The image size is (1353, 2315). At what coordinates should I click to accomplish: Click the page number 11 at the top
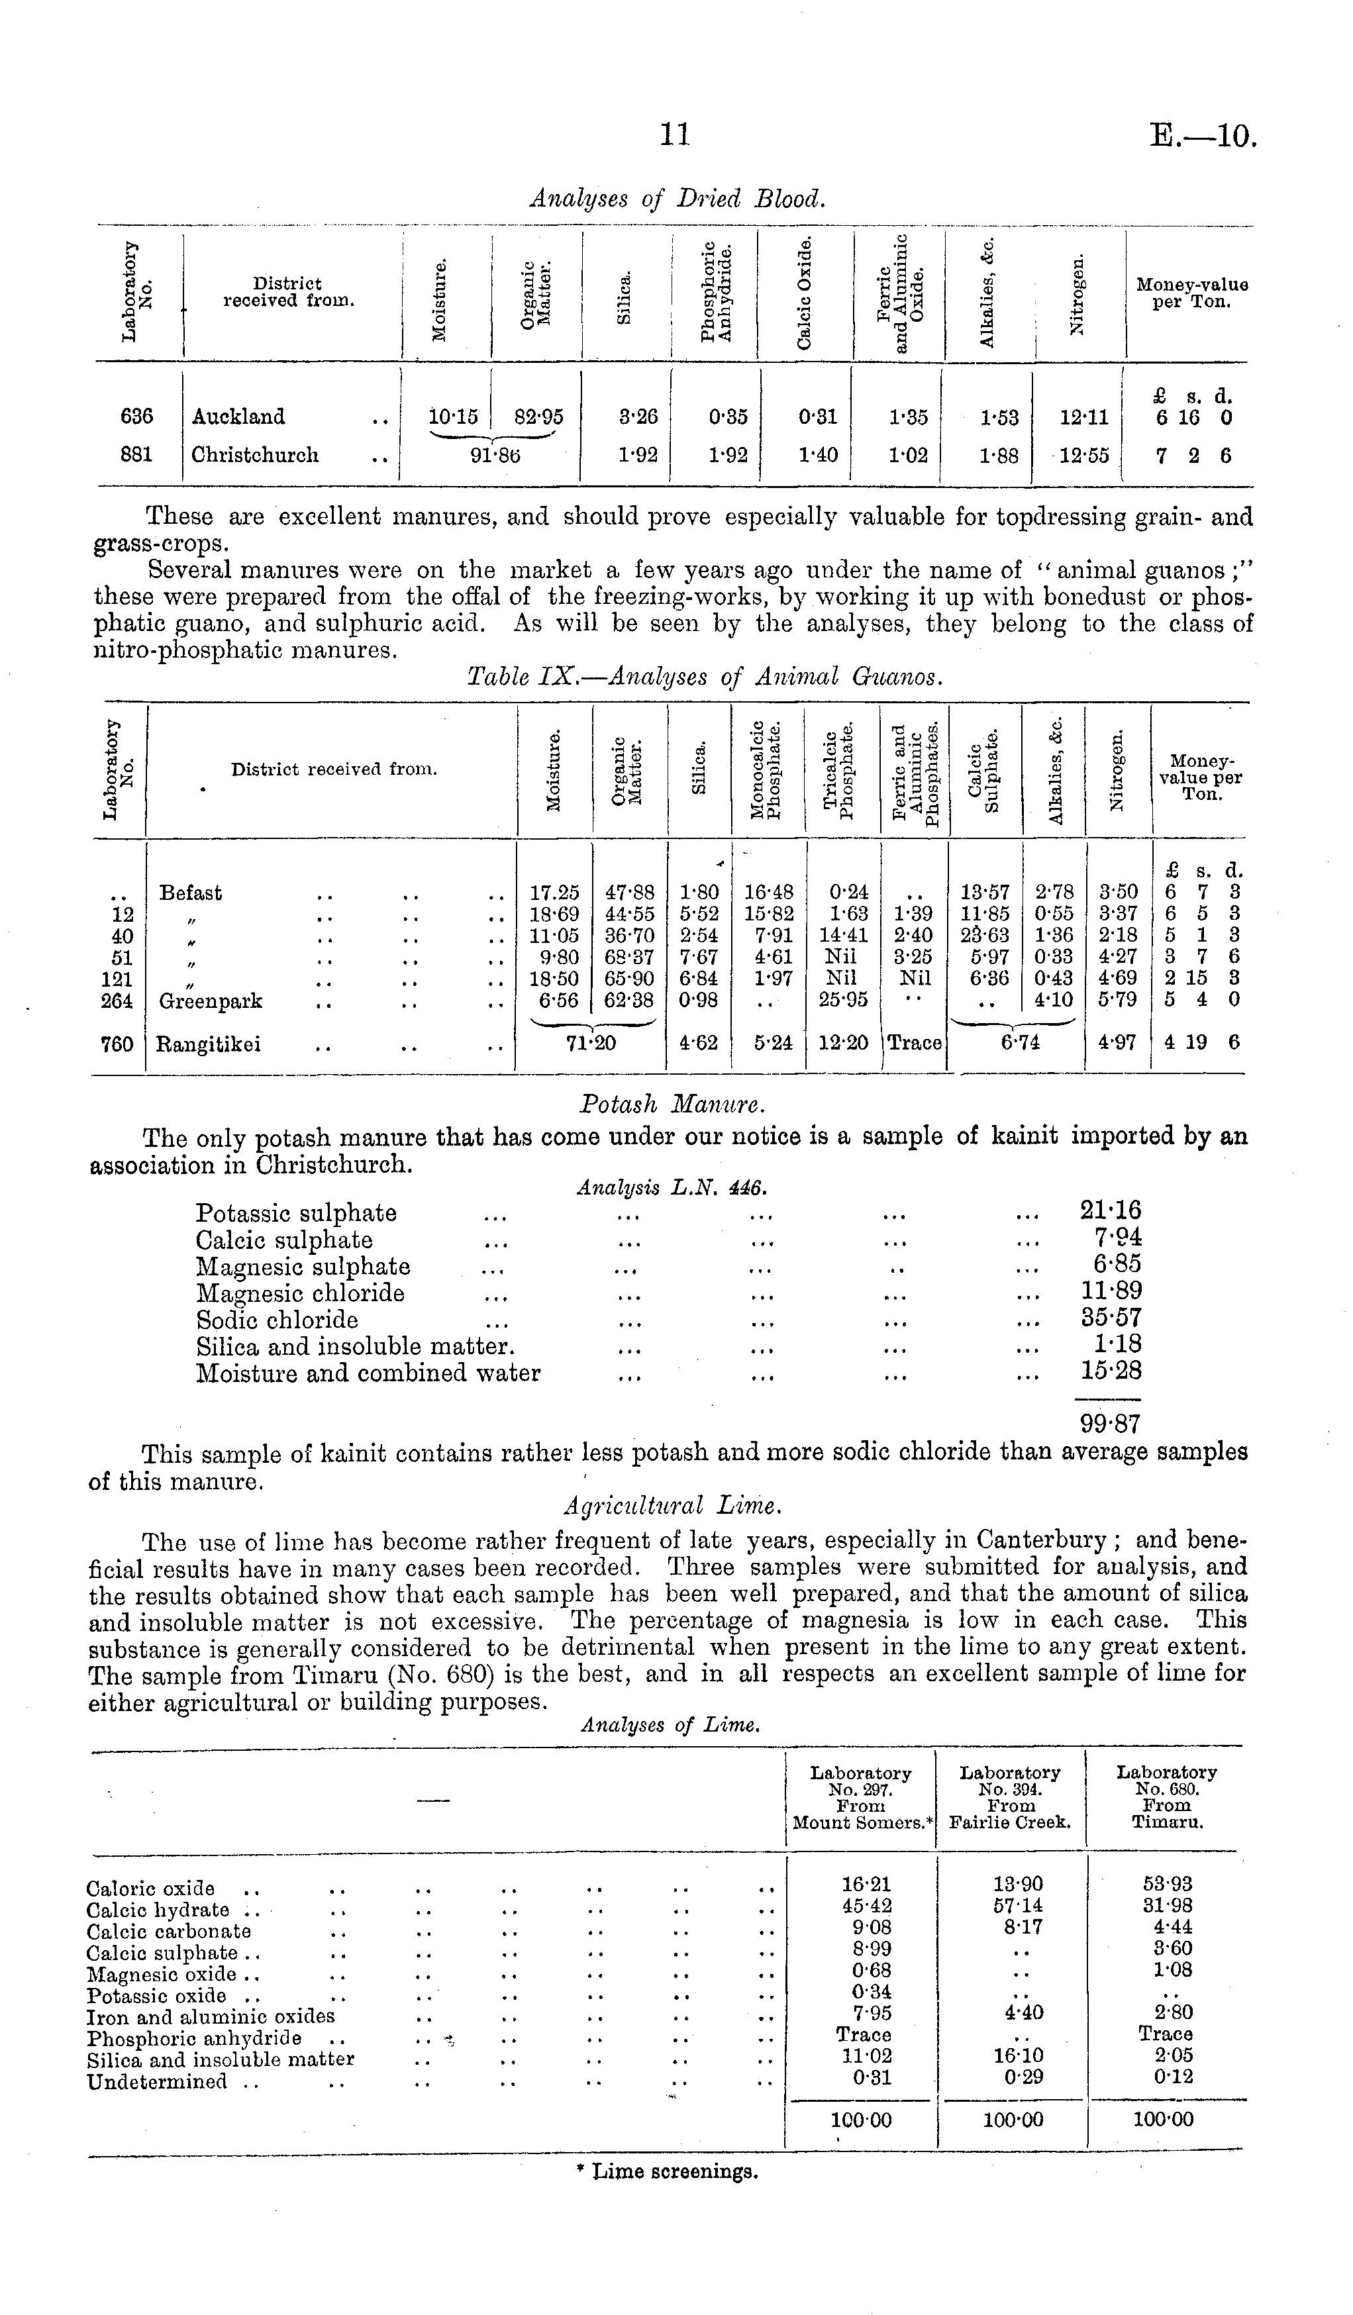tap(674, 135)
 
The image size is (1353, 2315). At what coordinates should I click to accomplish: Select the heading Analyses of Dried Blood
tap(678, 199)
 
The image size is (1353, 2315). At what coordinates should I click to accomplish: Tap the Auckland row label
tap(239, 417)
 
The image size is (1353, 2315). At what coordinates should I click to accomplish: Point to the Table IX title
tap(705, 677)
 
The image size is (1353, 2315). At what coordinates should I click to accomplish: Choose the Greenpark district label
tap(211, 1001)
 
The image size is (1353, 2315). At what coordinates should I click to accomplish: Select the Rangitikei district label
tap(209, 1044)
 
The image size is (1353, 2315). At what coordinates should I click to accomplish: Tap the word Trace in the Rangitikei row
tap(915, 1044)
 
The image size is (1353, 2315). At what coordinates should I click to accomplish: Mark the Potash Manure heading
tap(674, 1103)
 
